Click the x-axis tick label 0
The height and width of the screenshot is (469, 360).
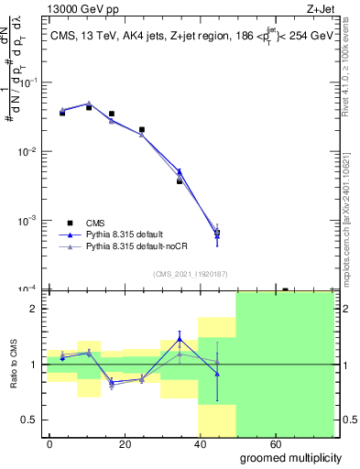point(49,443)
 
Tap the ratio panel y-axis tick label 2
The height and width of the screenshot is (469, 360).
point(32,309)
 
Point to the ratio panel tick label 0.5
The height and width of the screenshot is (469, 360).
point(28,420)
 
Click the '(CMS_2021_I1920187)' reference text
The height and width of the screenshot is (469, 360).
point(190,274)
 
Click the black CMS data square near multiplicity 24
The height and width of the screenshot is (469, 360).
point(142,130)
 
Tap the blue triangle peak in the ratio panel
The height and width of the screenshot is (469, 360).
point(180,340)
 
